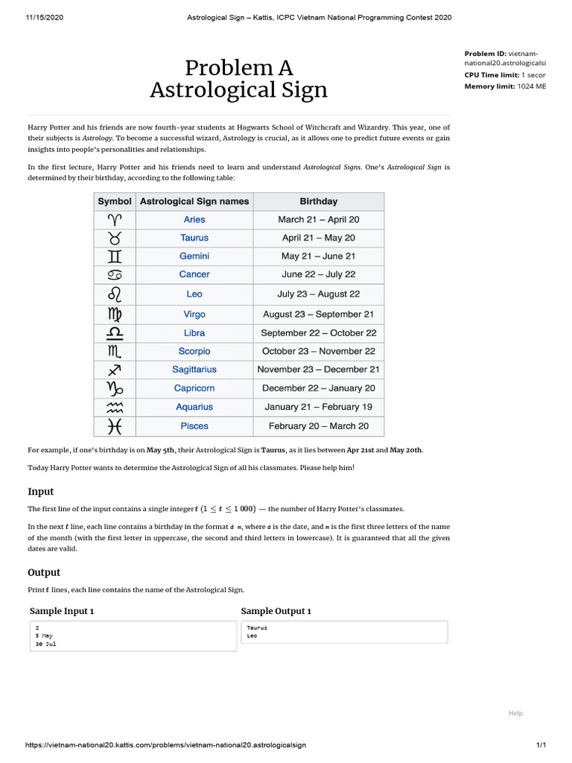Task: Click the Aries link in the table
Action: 194,219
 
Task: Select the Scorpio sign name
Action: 194,351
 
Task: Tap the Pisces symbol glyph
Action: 114,426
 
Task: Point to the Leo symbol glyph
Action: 114,294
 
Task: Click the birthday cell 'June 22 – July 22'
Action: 318,274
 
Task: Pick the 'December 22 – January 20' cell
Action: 318,388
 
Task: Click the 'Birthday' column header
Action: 318,201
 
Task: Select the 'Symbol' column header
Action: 115,201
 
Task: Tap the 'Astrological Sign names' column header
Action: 194,201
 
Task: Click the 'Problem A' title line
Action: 238,68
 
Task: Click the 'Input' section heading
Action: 40,492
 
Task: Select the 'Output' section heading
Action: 44,572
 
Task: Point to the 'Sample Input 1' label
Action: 62,611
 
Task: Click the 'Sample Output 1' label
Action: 276,611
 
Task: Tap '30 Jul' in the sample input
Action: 45,643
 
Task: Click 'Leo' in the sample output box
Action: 252,636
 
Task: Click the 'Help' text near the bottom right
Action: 515,713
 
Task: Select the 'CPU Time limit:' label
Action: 491,75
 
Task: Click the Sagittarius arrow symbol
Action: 114,370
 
